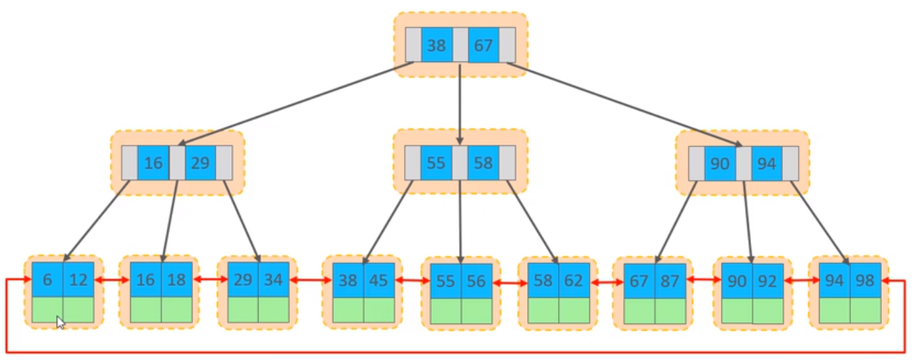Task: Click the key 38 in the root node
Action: click(437, 45)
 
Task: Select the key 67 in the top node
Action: click(483, 45)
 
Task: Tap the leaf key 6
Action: click(48, 279)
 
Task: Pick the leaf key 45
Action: click(379, 280)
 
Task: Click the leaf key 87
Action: click(670, 281)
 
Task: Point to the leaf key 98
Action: click(865, 280)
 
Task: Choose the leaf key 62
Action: click(574, 281)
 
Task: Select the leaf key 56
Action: click(477, 281)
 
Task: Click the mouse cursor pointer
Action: click(60, 323)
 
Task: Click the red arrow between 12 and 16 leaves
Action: click(111, 280)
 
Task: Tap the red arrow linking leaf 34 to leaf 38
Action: click(310, 280)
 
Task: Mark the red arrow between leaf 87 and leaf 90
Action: click(704, 280)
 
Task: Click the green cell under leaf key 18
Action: click(177, 310)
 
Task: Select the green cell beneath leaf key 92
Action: click(768, 311)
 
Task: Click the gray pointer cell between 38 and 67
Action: click(460, 45)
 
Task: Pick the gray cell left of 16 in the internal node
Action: click(130, 163)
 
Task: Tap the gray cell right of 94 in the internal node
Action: click(790, 164)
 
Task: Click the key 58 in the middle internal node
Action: click(483, 163)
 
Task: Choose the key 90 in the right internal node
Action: click(720, 164)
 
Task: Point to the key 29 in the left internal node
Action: click(200, 163)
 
